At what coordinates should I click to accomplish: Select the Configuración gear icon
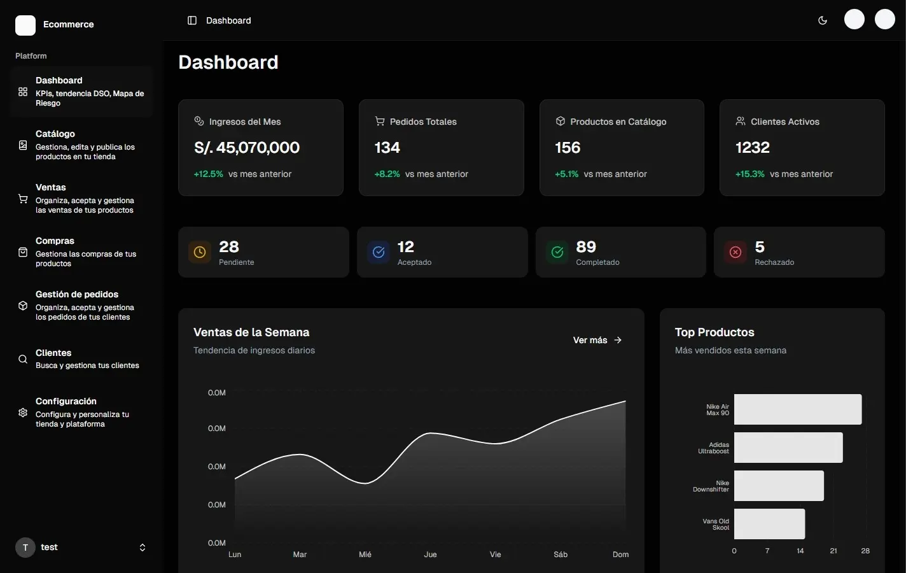[x=23, y=413]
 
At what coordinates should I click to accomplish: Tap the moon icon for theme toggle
[x=823, y=20]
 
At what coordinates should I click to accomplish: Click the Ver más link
[x=597, y=340]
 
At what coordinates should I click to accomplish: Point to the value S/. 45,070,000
[x=247, y=148]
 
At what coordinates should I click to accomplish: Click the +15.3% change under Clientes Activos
[x=749, y=174]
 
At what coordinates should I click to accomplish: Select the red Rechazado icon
[x=735, y=252]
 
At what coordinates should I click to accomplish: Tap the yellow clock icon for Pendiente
[x=200, y=252]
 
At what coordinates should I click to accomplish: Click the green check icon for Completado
[x=557, y=252]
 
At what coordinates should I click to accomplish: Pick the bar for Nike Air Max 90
[x=798, y=409]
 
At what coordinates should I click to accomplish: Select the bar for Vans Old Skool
[x=769, y=524]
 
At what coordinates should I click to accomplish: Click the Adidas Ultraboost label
[x=714, y=448]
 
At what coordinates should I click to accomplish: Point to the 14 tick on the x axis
[x=800, y=551]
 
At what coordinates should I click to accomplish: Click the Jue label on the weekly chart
[x=431, y=555]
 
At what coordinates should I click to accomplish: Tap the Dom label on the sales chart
[x=620, y=555]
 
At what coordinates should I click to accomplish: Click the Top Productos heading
[x=714, y=332]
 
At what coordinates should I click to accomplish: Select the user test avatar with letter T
[x=25, y=548]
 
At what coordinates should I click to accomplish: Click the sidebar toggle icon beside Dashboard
[x=192, y=20]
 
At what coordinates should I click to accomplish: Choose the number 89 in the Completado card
[x=586, y=247]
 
